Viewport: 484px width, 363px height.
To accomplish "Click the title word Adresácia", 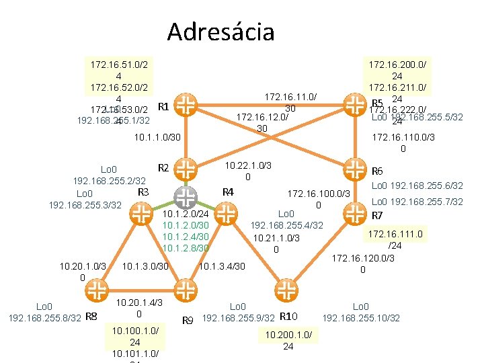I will coord(220,32).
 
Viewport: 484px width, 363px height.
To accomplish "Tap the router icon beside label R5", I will coord(354,105).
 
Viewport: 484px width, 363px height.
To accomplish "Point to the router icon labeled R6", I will coord(354,167).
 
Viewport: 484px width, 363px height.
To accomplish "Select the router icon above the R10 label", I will coord(287,290).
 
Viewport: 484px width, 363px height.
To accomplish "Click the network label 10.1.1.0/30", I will coord(157,138).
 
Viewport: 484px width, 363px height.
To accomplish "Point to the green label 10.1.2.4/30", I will coord(186,236).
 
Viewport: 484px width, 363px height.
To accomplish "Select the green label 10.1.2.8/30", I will coord(186,248).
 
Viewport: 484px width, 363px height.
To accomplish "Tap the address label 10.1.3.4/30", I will coord(223,267).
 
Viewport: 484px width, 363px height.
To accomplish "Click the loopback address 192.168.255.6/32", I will coord(417,186).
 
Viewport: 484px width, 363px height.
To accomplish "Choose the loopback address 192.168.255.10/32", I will coord(362,318).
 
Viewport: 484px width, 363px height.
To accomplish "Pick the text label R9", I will coord(188,320).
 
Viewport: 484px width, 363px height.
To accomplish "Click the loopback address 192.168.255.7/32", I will coord(417,202).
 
